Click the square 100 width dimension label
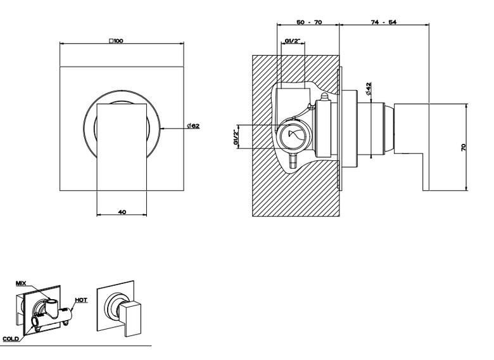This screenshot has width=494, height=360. click(x=116, y=41)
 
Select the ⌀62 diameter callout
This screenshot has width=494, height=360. click(x=193, y=125)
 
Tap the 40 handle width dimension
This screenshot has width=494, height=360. click(x=122, y=212)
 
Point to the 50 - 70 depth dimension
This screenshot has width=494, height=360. click(x=309, y=22)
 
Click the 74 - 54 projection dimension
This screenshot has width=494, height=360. click(x=384, y=22)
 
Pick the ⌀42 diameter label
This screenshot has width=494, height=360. click(x=369, y=89)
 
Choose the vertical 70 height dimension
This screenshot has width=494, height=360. click(x=464, y=147)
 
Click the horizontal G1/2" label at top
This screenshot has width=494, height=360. click(x=293, y=41)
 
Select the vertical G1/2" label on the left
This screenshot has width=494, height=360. click(x=236, y=137)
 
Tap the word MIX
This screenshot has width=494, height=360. click(x=21, y=283)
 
